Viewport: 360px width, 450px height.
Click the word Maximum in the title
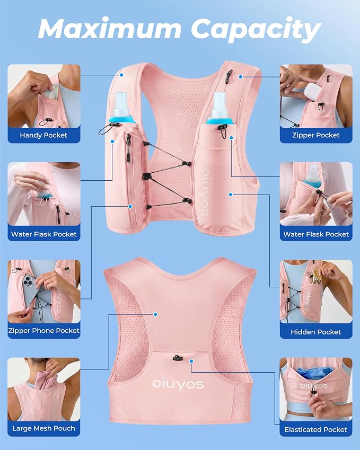click(110, 29)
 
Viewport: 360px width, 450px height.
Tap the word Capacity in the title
click(256, 30)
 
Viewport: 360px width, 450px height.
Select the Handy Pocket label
click(43, 135)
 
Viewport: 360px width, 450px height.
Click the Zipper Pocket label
click(316, 135)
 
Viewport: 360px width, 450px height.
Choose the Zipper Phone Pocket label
click(43, 331)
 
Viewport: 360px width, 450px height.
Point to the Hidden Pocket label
click(316, 332)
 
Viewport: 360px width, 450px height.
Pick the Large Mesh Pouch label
click(43, 428)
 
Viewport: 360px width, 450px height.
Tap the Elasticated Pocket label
click(316, 430)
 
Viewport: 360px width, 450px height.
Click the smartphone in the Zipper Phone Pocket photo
click(30, 290)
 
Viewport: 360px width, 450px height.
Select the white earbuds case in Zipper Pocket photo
click(312, 92)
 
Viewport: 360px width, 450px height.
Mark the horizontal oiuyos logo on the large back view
click(178, 384)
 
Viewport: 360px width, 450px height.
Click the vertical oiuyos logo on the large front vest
click(205, 192)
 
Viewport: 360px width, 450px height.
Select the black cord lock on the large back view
click(178, 358)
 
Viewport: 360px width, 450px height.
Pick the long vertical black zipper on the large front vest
click(128, 148)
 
